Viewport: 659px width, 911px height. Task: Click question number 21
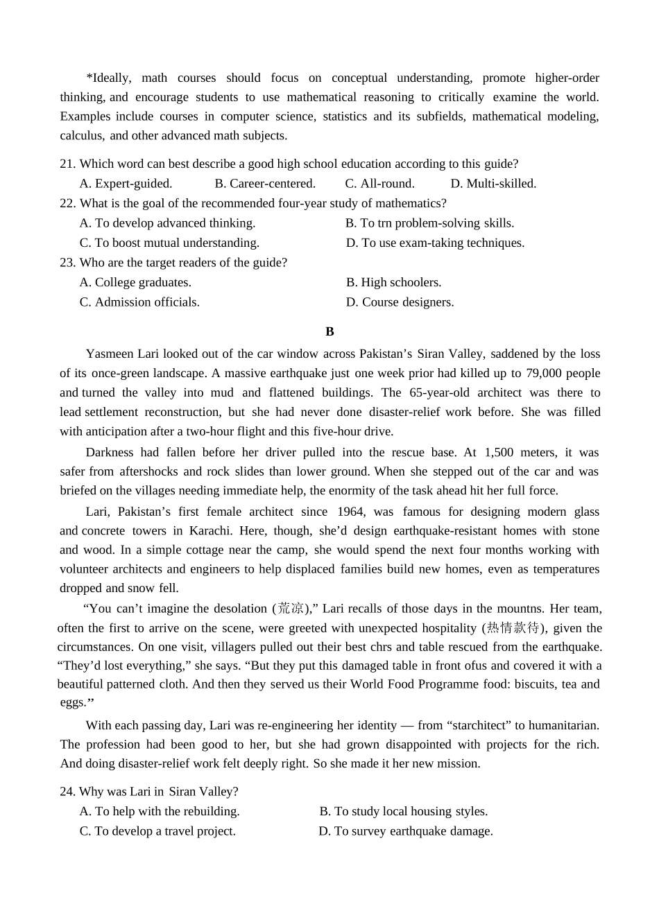[67, 164]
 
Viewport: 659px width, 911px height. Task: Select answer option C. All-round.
[379, 184]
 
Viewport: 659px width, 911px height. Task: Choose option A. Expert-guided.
[126, 184]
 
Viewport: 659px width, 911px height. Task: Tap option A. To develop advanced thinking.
[167, 223]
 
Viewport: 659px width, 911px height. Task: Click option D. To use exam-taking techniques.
[435, 243]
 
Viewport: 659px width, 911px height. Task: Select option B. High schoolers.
[393, 282]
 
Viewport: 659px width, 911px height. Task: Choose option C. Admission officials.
[139, 302]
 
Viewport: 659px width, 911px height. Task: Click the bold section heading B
[329, 331]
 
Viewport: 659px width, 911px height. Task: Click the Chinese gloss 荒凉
[290, 609]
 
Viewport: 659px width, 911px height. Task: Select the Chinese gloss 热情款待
[513, 628]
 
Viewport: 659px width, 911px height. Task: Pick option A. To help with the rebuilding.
[160, 811]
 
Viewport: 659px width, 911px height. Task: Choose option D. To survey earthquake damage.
[406, 831]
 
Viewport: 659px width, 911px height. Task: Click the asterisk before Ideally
[89, 78]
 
